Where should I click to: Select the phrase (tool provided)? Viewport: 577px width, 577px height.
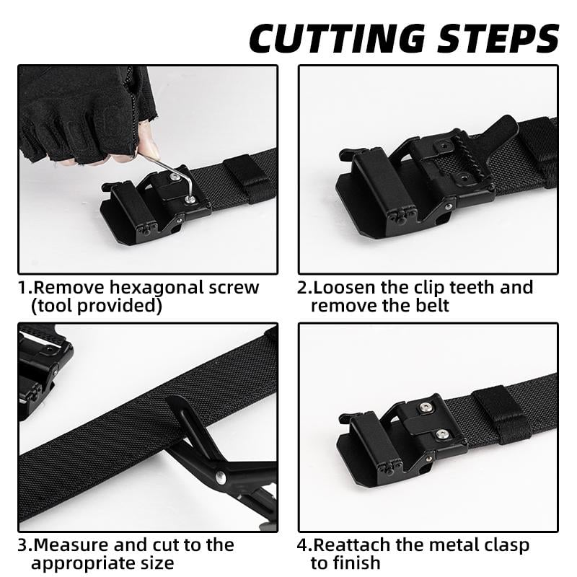97,305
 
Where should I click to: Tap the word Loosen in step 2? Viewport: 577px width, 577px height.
344,287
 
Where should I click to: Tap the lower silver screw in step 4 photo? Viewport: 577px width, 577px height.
441,433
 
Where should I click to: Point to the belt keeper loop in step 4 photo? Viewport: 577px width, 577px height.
502,415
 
